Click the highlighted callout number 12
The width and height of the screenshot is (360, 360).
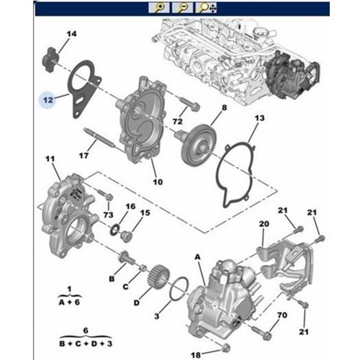click(48, 99)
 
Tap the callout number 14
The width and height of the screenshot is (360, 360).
click(71, 34)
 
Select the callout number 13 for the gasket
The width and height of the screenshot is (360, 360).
click(259, 118)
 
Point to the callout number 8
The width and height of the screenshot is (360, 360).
click(224, 107)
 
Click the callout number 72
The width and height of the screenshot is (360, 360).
click(178, 122)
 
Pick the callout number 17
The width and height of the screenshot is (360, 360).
click(84, 156)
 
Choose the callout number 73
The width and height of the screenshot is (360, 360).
click(108, 215)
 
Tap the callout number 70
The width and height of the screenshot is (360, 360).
click(282, 315)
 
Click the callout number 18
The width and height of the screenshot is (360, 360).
click(196, 355)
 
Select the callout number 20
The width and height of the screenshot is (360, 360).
click(264, 224)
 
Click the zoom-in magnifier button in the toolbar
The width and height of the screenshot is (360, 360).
click(159, 8)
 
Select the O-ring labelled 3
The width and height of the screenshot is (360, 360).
click(179, 289)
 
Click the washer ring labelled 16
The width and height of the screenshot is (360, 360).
click(114, 230)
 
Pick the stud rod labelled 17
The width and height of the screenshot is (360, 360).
click(99, 138)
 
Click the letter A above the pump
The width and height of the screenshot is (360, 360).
click(197, 257)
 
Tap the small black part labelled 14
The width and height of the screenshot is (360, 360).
click(50, 59)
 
